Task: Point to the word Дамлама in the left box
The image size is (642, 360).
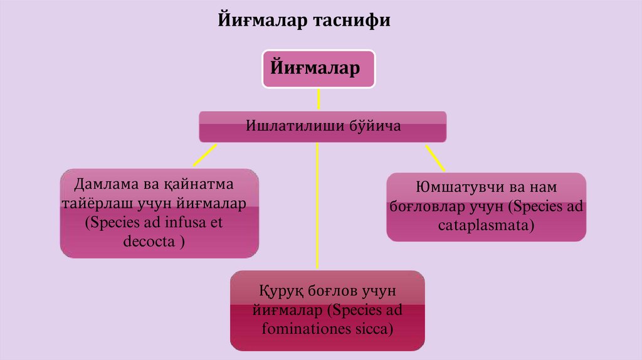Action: (104, 186)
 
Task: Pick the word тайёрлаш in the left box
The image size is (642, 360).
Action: (103, 204)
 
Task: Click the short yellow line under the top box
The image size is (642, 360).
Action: (318, 99)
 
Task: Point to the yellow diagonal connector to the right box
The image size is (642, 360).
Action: (434, 158)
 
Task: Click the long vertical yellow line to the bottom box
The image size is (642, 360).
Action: (317, 207)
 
